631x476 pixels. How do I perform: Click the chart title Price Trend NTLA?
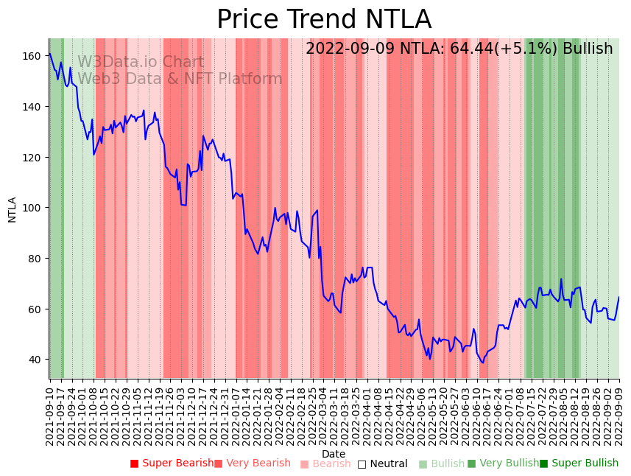click(x=324, y=20)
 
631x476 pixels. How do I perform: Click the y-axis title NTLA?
click(x=13, y=209)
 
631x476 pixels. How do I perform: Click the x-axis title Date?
click(x=334, y=454)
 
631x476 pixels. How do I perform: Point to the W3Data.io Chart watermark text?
click(x=141, y=62)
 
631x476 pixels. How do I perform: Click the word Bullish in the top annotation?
click(x=588, y=49)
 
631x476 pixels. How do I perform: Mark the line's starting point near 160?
click(x=49, y=53)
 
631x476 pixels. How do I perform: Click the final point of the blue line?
click(x=618, y=298)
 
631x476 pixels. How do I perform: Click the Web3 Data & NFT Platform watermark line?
click(x=180, y=79)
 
